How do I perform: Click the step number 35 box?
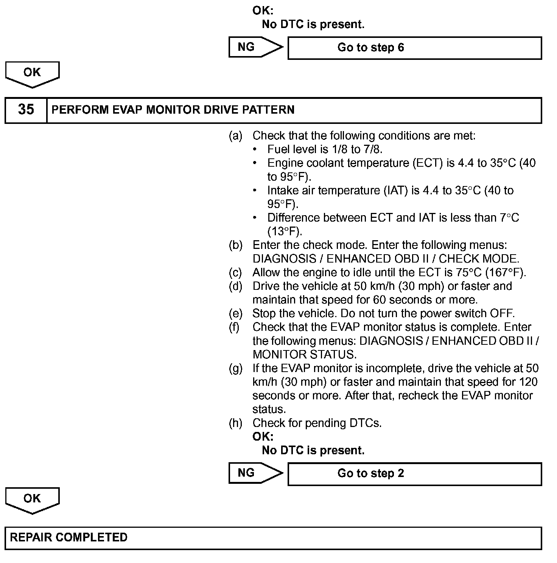tap(26, 110)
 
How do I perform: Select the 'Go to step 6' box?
tap(414, 48)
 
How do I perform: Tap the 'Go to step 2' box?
tap(414, 474)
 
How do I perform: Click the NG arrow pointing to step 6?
tap(255, 47)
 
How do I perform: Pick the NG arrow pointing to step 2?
tap(255, 473)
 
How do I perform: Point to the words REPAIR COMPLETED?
tap(68, 538)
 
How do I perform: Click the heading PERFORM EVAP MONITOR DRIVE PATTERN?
tap(173, 110)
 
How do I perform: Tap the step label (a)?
tap(235, 136)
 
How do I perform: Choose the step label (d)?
tap(235, 286)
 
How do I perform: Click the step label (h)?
tap(235, 423)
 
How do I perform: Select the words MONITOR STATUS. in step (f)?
tap(304, 355)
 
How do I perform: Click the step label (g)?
tap(235, 368)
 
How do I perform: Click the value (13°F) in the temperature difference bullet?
tap(285, 231)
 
